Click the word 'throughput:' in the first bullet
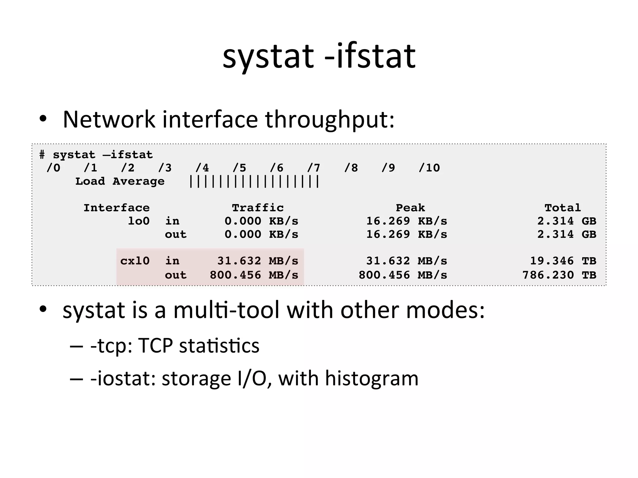pyautogui.click(x=330, y=120)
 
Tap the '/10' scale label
pyautogui.click(x=429, y=168)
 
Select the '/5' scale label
pyautogui.click(x=239, y=168)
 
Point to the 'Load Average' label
pyautogui.click(x=120, y=181)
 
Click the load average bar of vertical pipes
pyautogui.click(x=254, y=182)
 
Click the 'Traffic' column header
pyautogui.click(x=258, y=208)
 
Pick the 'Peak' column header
pyautogui.click(x=410, y=208)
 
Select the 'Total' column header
pyautogui.click(x=563, y=208)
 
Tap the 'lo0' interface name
pyautogui.click(x=139, y=221)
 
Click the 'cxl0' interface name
pyautogui.click(x=135, y=261)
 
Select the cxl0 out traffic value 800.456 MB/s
pyautogui.click(x=254, y=275)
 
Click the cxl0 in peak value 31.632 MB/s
pyautogui.click(x=407, y=261)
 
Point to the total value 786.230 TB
pyautogui.click(x=559, y=275)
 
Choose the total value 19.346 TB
pyautogui.click(x=563, y=261)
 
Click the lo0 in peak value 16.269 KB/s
pyautogui.click(x=407, y=221)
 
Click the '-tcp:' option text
pyautogui.click(x=112, y=346)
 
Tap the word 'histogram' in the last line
pyautogui.click(x=371, y=379)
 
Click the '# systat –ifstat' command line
pyautogui.click(x=96, y=155)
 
